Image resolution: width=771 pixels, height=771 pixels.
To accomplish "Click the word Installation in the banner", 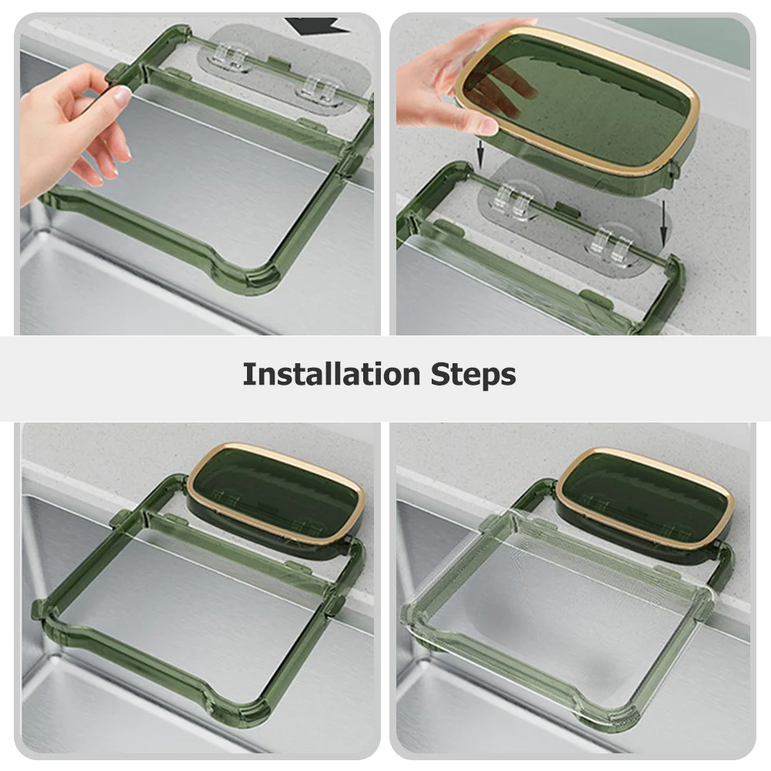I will pyautogui.click(x=329, y=375).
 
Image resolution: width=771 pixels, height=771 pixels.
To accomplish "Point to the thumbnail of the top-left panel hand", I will pyautogui.click(x=121, y=96).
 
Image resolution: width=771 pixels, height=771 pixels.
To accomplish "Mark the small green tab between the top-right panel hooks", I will pyautogui.click(x=567, y=210).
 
